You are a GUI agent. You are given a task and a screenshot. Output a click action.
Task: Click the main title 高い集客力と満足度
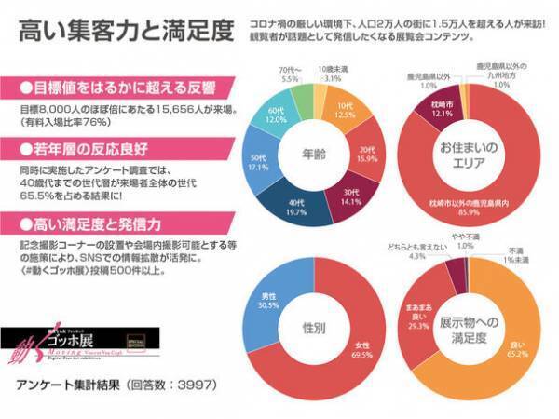[125, 30]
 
